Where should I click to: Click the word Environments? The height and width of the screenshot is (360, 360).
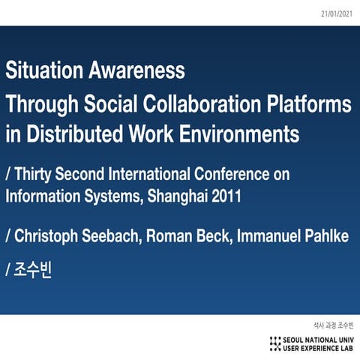tap(241, 135)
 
